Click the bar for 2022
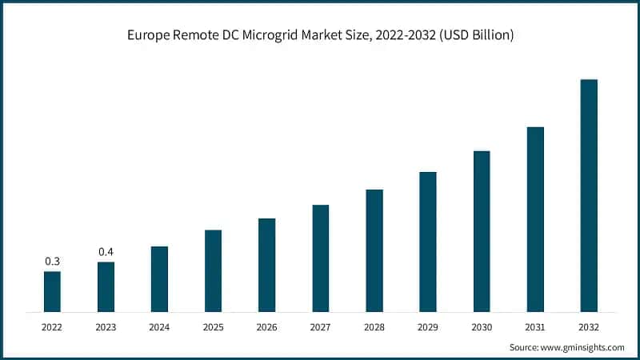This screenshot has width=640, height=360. tap(52, 291)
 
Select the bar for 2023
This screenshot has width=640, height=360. tap(106, 286)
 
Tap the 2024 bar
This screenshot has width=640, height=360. tap(159, 278)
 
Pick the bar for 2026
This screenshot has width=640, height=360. tap(266, 265)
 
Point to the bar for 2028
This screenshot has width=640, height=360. tap(374, 250)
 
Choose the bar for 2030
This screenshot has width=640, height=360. tap(482, 231)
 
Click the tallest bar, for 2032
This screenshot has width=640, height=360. tap(589, 195)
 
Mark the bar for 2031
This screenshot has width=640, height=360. tap(535, 219)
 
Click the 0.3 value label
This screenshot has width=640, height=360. tap(52, 262)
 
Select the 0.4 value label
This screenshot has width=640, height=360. tap(106, 252)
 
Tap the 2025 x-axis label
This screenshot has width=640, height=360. tap(213, 326)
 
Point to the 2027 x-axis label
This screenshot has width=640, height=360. tap(320, 326)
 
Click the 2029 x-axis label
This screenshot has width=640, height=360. tap(428, 326)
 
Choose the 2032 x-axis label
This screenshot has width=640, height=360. tap(589, 326)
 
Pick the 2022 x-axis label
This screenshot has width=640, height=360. tap(52, 326)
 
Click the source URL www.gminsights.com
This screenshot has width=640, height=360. tap(583, 347)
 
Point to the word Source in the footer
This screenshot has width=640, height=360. tap(525, 347)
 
